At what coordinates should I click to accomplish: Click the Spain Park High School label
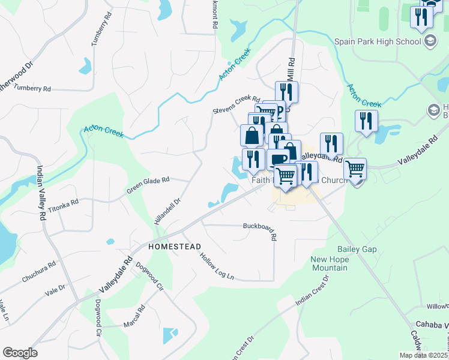(376, 41)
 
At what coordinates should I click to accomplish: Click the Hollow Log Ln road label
(217, 266)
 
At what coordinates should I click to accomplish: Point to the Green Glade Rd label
(148, 185)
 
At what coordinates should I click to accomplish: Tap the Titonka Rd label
(64, 208)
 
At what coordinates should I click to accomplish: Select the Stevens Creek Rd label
(237, 105)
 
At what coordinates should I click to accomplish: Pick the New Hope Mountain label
(329, 263)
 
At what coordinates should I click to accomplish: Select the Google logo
(20, 353)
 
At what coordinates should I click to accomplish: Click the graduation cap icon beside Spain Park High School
(430, 41)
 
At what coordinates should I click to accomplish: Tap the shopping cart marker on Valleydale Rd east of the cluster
(355, 169)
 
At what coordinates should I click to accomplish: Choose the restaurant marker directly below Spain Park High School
(366, 121)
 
